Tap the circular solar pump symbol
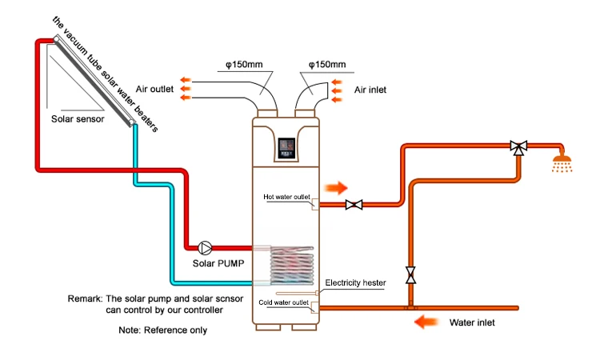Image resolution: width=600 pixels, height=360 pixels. click(x=205, y=246)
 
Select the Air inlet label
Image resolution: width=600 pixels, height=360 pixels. click(x=370, y=90)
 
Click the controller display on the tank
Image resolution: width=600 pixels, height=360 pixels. click(x=286, y=148)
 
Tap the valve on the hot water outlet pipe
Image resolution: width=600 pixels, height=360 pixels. click(x=353, y=206)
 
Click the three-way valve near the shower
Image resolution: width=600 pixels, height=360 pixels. click(x=518, y=147)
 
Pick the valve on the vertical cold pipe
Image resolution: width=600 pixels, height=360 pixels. click(x=411, y=274)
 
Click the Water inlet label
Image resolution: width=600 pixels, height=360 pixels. click(x=471, y=323)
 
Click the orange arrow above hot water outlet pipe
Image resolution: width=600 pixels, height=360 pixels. click(x=337, y=188)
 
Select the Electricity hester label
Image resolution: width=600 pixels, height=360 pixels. click(x=355, y=283)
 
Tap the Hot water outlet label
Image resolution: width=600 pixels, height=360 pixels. click(x=286, y=197)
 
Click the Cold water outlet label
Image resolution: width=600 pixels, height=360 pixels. click(x=283, y=302)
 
